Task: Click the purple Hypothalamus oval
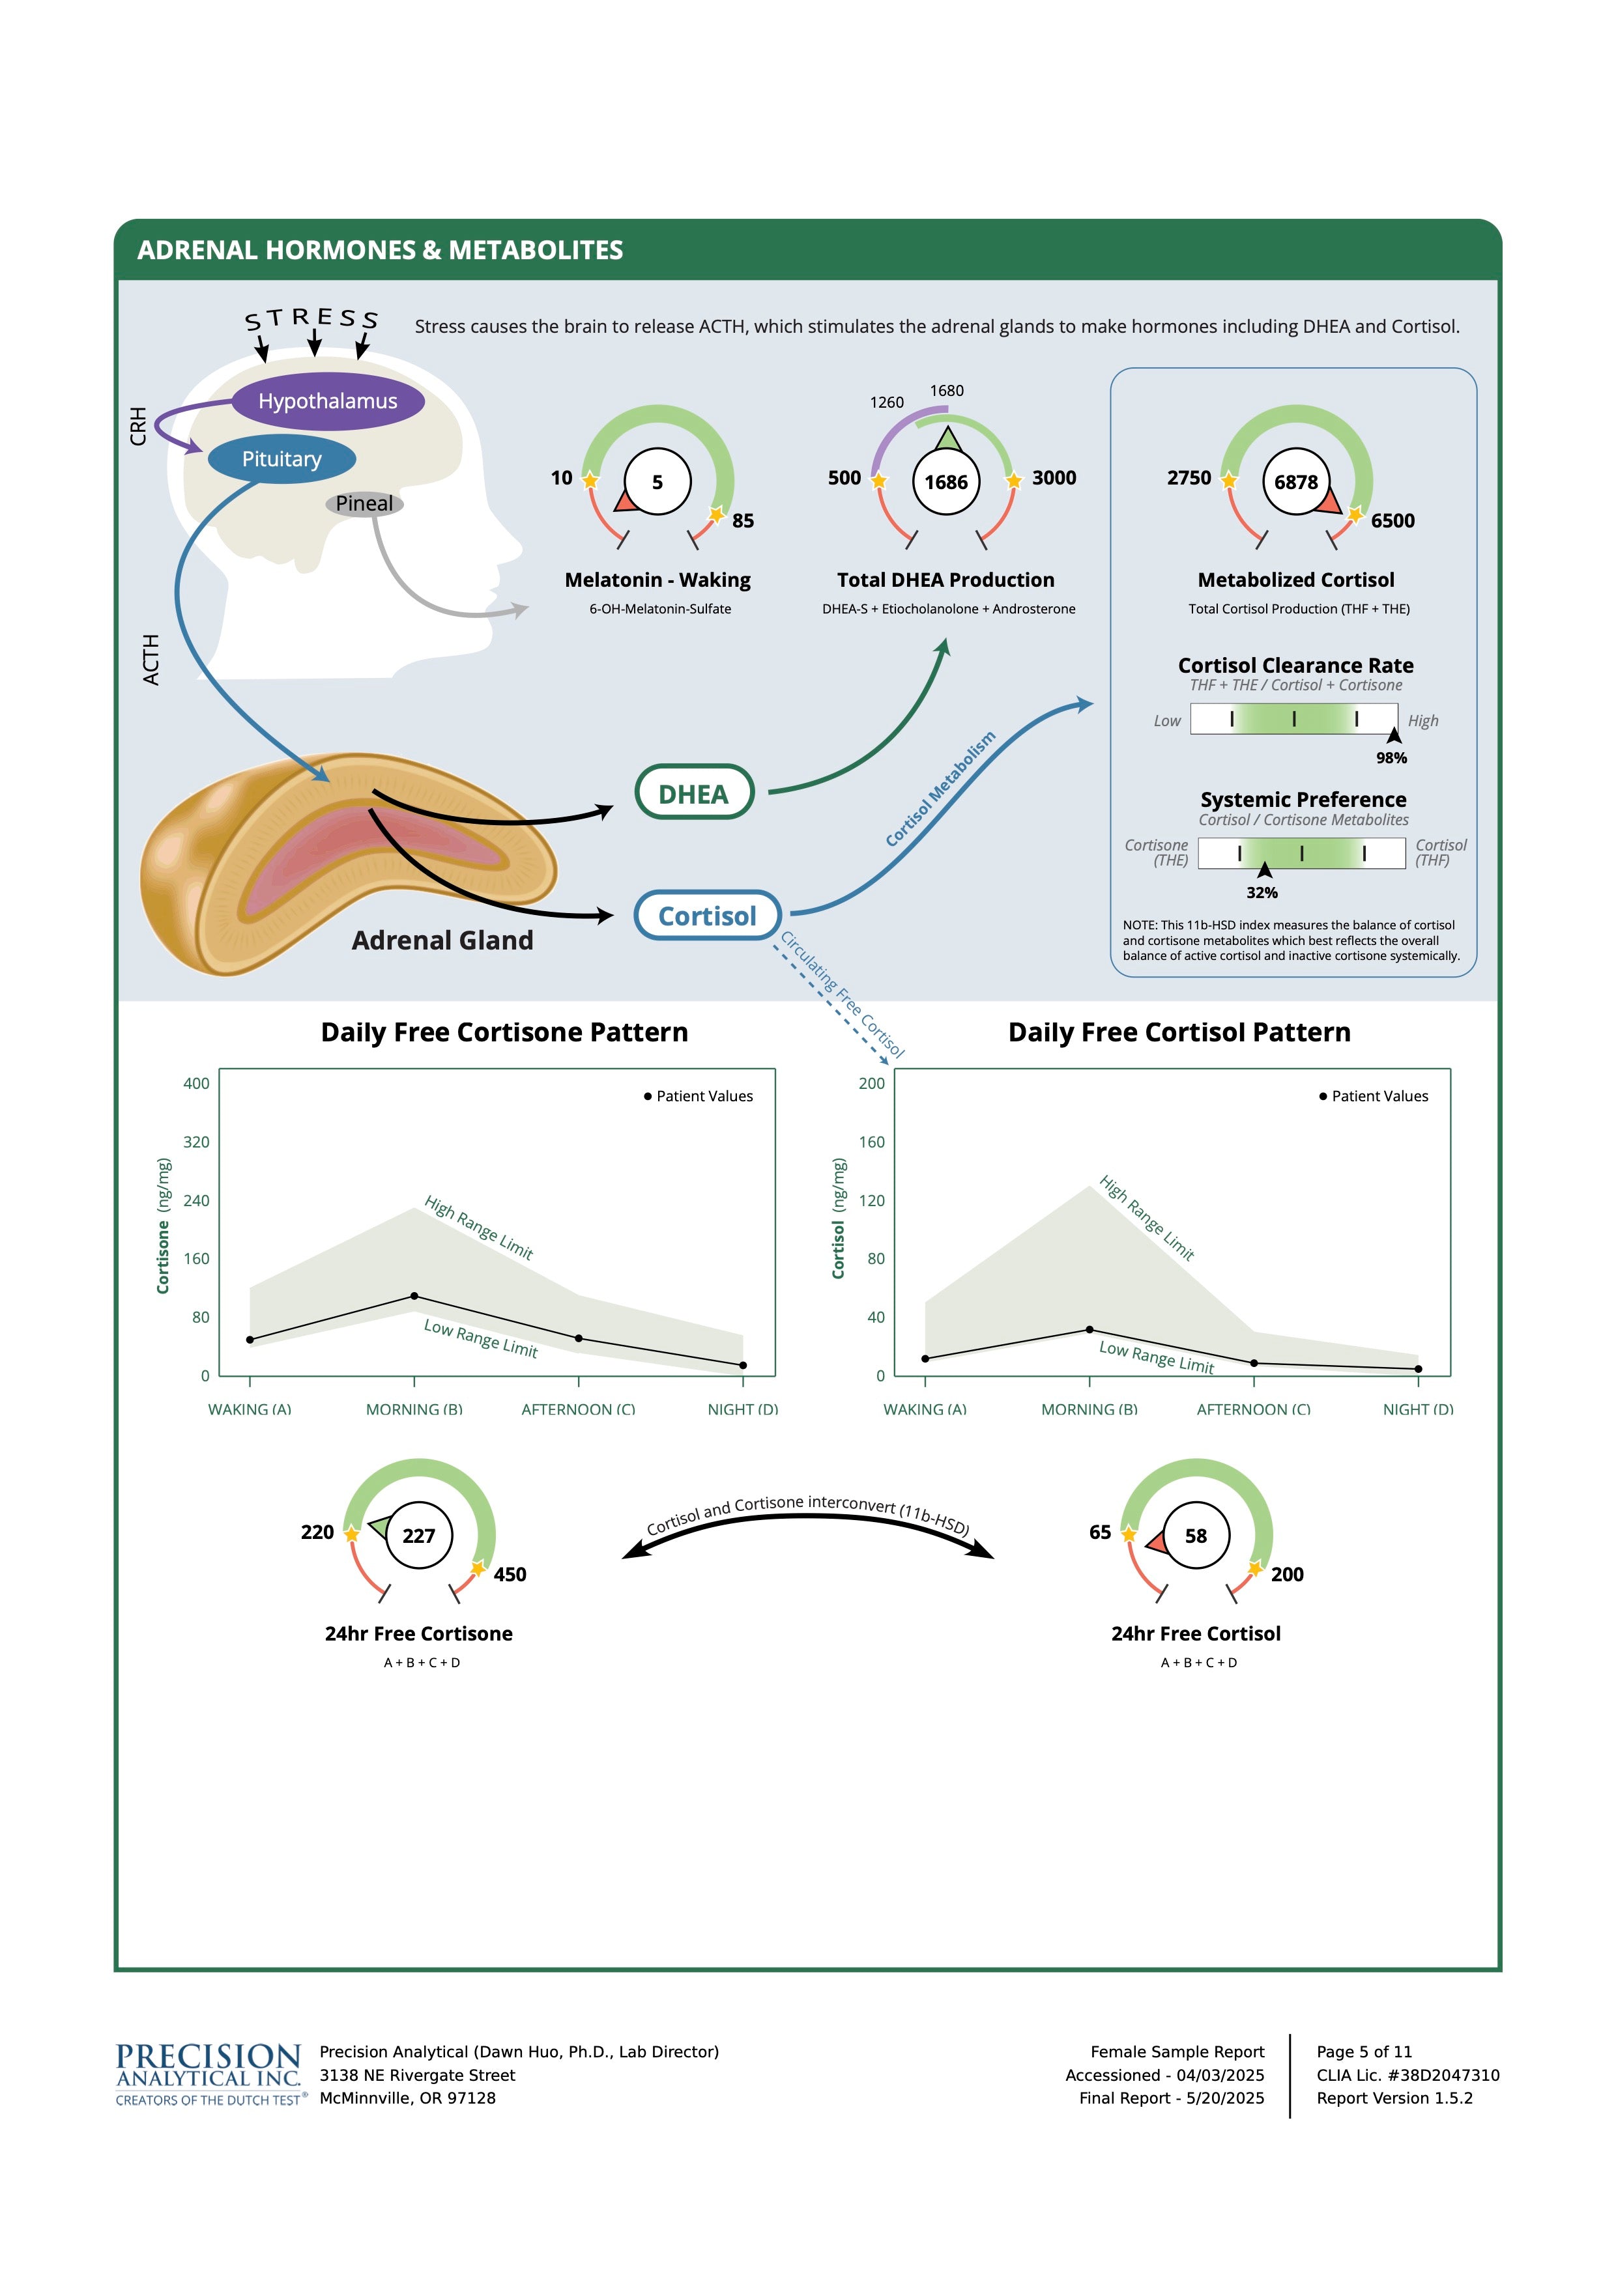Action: (x=328, y=401)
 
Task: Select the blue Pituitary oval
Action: (x=281, y=458)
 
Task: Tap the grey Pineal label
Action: (x=364, y=503)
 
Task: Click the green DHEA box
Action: (x=693, y=793)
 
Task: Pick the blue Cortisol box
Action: (x=708, y=915)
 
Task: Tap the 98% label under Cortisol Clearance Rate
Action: (x=1391, y=758)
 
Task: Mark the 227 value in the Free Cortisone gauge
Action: (x=419, y=1536)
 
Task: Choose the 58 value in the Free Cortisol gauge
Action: (x=1196, y=1536)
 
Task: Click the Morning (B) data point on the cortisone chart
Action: (x=414, y=1296)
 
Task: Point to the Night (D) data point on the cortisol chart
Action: (x=1418, y=1369)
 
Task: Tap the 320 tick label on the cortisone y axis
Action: (x=196, y=1142)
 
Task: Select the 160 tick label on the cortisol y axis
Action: (x=872, y=1142)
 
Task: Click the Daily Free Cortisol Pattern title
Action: (x=1179, y=1032)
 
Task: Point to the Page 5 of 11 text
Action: (x=1364, y=2051)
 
